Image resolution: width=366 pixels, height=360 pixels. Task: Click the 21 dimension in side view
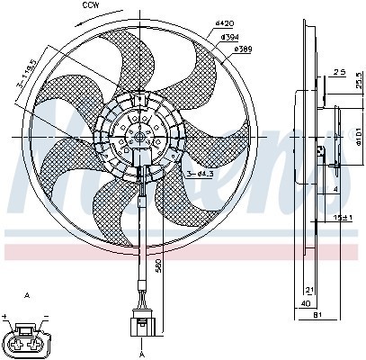309,289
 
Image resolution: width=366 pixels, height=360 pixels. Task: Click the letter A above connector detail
30,295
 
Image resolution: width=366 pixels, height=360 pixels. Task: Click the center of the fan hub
138,136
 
